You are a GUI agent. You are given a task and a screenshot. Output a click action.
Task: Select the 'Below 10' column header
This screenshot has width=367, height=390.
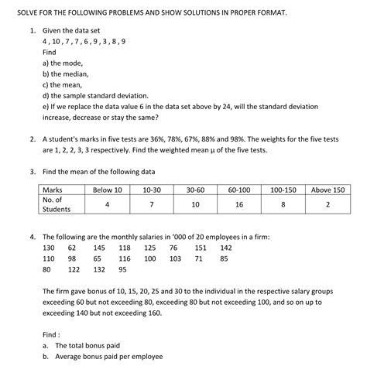107,190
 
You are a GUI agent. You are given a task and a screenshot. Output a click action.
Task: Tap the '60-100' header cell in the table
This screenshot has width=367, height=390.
239,190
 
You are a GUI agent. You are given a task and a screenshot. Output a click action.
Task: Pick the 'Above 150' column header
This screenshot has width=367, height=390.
328,190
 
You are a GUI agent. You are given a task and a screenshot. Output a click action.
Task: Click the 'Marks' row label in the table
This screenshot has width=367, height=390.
53,190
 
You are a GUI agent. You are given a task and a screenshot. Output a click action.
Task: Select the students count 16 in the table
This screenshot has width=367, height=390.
239,204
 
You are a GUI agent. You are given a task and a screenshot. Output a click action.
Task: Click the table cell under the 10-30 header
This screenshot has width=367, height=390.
152,204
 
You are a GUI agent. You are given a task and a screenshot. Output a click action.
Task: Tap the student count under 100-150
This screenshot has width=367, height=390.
284,204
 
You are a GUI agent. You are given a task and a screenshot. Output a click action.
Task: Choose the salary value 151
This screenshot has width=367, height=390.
201,248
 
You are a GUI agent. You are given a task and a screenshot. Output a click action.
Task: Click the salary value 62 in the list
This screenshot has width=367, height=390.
72,248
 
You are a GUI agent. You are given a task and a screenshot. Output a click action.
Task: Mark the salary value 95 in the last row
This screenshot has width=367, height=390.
122,270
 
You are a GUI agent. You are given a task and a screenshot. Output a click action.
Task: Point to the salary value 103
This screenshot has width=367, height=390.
175,258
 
